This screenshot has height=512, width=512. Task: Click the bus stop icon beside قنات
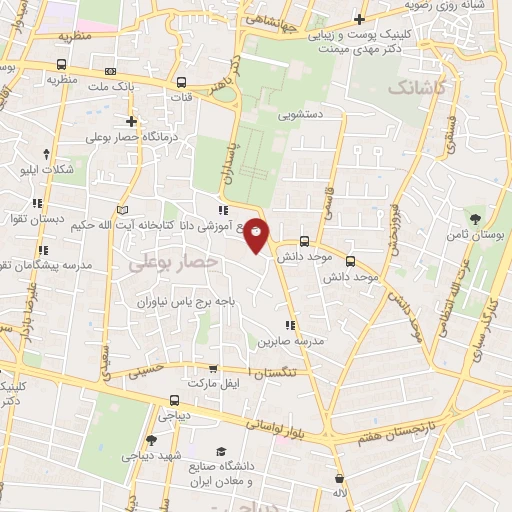click(180, 84)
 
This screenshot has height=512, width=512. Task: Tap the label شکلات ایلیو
click(47, 169)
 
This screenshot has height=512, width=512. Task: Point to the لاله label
click(341, 493)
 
